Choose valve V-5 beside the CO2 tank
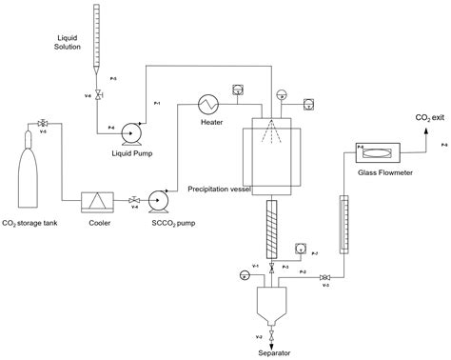point(43,124)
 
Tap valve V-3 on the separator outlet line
point(325,277)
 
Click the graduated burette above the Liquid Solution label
point(99,38)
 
